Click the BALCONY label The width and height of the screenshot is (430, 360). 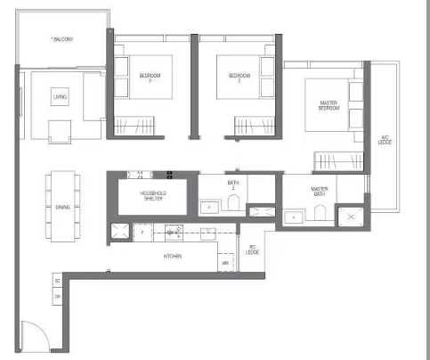(62, 39)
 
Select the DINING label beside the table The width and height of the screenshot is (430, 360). (62, 207)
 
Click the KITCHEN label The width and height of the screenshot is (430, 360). (173, 256)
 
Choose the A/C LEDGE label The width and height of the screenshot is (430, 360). (385, 140)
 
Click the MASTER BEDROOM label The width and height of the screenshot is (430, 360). (329, 106)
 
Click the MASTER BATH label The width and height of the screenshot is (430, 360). (320, 192)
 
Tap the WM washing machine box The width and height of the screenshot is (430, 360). (224, 264)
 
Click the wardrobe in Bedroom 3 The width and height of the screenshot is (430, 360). (134, 125)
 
